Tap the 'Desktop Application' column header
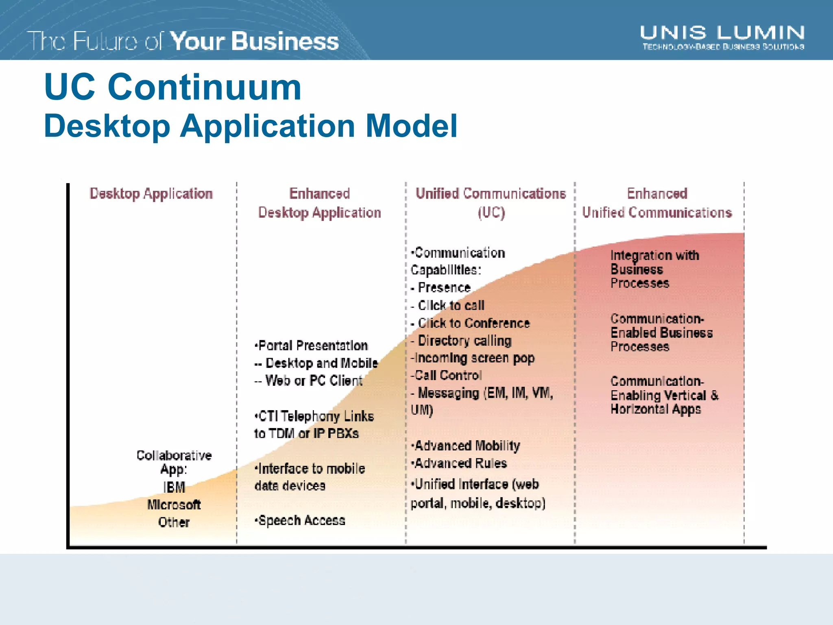click(151, 193)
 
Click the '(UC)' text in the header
click(491, 212)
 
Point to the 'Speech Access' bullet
click(301, 520)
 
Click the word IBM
click(174, 487)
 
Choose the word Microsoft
click(174, 505)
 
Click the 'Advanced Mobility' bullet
click(467, 446)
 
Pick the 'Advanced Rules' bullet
click(460, 463)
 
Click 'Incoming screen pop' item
click(473, 358)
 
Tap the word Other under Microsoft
click(174, 522)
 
